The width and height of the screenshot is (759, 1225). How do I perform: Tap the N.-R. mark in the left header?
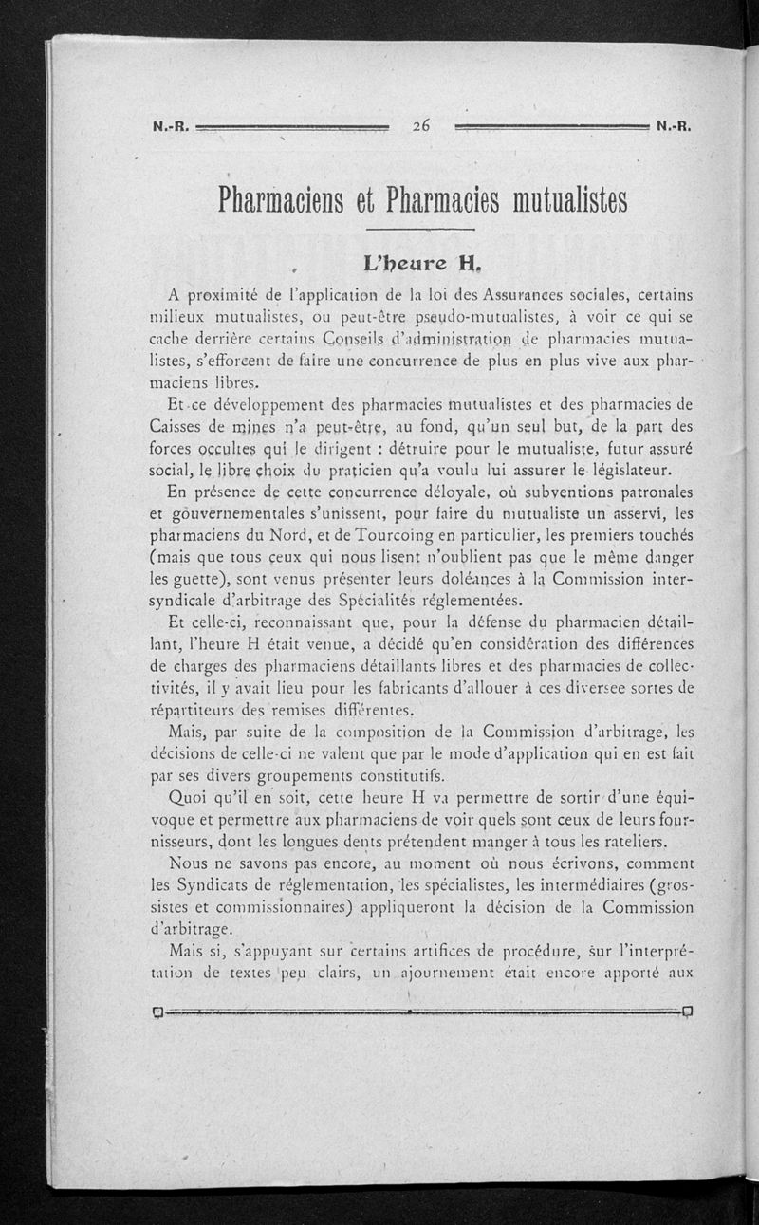tap(171, 125)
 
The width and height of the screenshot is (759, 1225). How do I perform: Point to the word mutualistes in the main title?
tap(551, 200)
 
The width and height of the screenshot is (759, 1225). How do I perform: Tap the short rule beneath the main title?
tap(418, 230)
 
